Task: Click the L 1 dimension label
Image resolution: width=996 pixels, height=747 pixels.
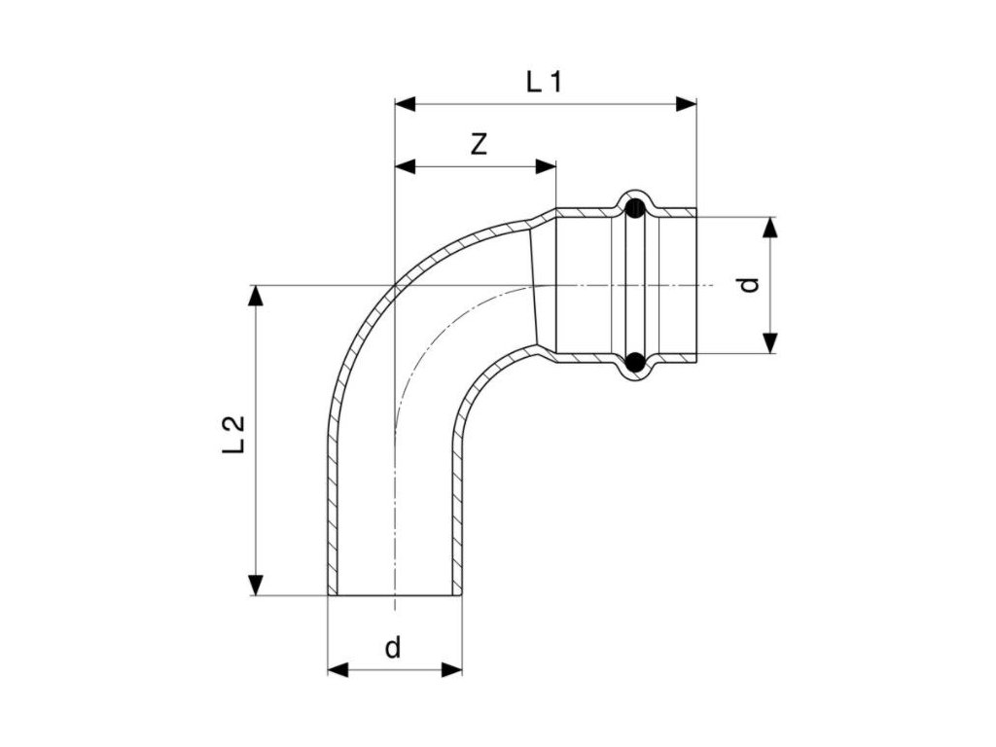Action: pos(545,82)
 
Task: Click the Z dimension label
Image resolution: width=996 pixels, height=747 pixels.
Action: pos(478,145)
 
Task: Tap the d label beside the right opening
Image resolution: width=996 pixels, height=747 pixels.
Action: pos(747,284)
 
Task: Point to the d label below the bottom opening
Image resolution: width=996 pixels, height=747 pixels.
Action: pos(392,648)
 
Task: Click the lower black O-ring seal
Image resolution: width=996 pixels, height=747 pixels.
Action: pos(634,362)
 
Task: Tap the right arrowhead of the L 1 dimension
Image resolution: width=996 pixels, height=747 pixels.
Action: pos(688,103)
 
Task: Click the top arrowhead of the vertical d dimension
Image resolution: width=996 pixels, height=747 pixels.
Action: pos(770,227)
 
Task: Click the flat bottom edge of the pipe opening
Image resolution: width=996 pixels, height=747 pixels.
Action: pos(394,595)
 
